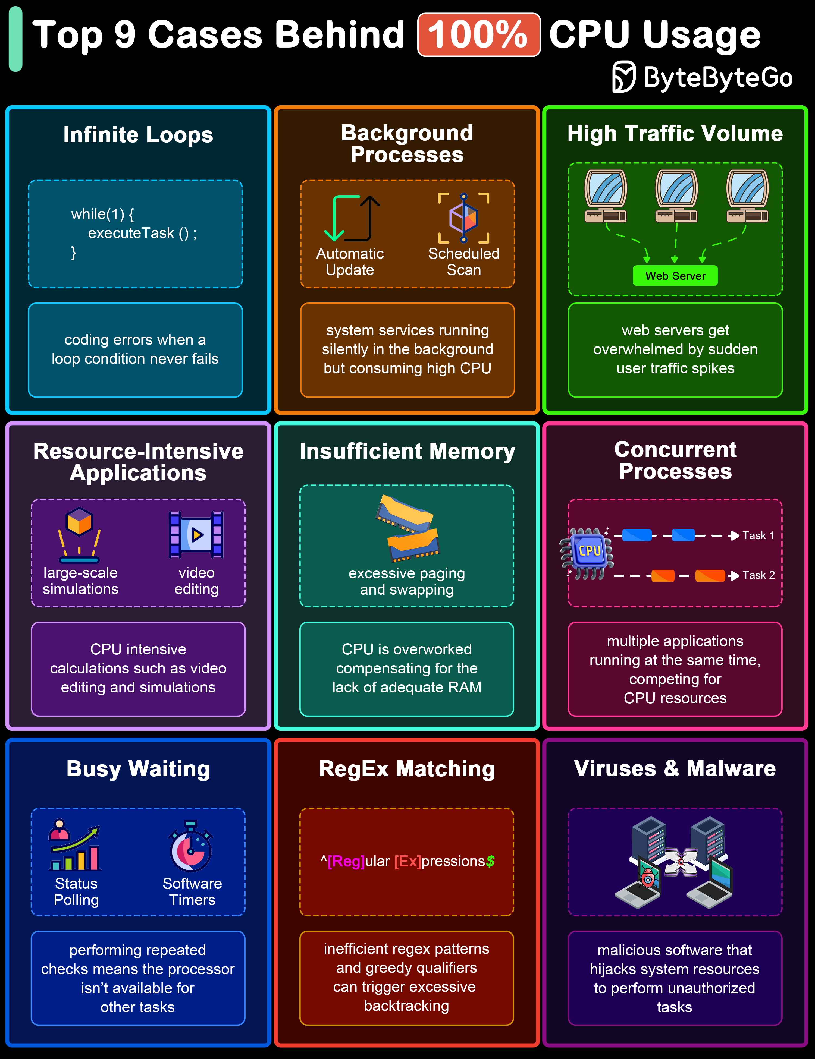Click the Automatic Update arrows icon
[x=352, y=218]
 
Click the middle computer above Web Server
[x=676, y=196]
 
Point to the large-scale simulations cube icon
[x=80, y=534]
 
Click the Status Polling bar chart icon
[x=75, y=845]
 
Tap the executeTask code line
[x=142, y=233]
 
